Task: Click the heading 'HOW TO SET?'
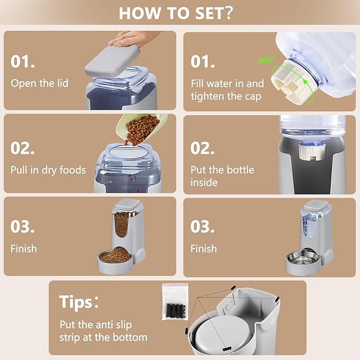tap(176, 13)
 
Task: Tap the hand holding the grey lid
tap(133, 38)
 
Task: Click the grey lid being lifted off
tap(112, 61)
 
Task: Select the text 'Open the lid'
tap(39, 83)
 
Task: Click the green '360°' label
tap(267, 60)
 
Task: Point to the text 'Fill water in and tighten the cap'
tap(227, 90)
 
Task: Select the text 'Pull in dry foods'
tap(48, 170)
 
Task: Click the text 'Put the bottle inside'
tap(222, 176)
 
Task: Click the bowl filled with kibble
tap(115, 260)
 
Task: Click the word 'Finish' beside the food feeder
tap(24, 249)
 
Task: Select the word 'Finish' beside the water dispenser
tap(204, 249)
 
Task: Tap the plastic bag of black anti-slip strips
tap(175, 302)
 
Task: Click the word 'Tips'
tap(76, 302)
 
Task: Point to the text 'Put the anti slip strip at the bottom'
tap(103, 331)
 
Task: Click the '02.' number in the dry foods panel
tap(22, 148)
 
